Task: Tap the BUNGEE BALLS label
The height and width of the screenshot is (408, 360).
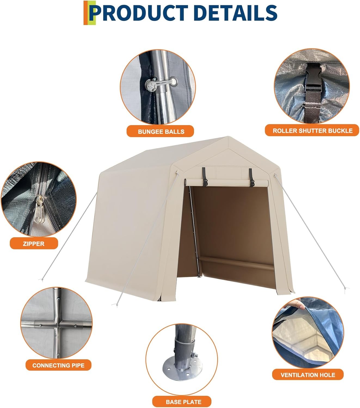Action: coord(161,132)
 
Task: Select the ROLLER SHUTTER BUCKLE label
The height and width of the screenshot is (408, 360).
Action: coord(312,131)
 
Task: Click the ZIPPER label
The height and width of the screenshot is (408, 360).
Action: coord(33,244)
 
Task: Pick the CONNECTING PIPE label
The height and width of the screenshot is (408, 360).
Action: coord(58,365)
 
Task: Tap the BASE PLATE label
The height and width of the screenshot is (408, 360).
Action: coord(183,402)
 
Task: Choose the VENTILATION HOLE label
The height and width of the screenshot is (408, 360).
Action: coord(308,375)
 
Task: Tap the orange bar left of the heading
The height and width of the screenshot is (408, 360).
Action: coord(85,13)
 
